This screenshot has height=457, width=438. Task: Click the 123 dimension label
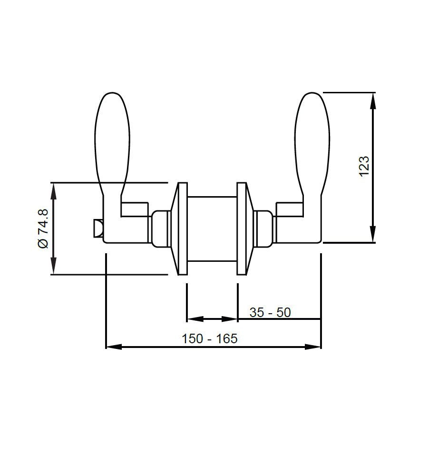(x=364, y=166)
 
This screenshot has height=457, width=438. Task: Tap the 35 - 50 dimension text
(x=270, y=312)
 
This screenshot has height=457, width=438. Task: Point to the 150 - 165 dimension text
(x=209, y=338)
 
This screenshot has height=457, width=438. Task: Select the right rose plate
(x=242, y=228)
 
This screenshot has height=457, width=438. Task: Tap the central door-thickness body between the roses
(x=212, y=228)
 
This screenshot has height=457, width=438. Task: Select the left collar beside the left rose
(x=161, y=228)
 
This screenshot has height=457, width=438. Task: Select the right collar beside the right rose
(x=263, y=228)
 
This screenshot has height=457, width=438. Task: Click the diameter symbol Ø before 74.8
(x=42, y=242)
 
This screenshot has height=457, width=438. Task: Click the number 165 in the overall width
(x=227, y=338)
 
